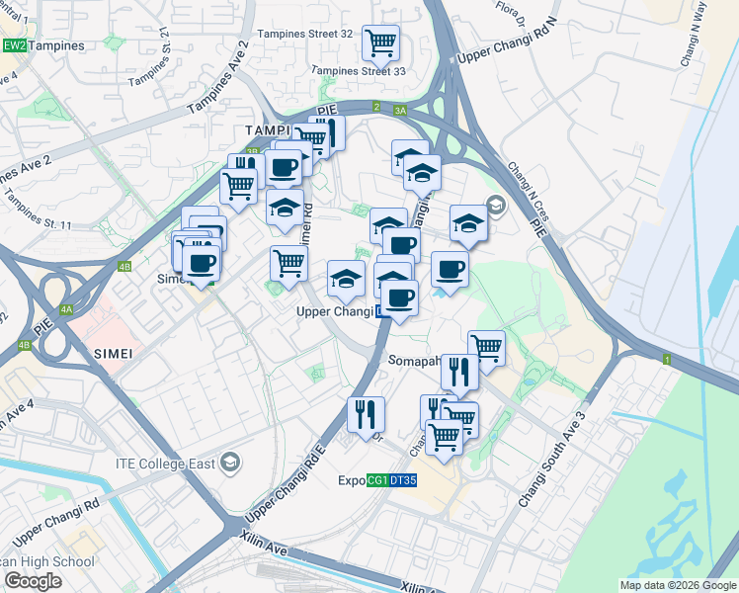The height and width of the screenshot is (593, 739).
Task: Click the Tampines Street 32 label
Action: [x=304, y=33]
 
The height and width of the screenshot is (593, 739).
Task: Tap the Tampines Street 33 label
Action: [x=359, y=71]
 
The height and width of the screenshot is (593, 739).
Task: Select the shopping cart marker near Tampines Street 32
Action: [x=380, y=42]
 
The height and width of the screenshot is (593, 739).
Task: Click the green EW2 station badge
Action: [x=14, y=45]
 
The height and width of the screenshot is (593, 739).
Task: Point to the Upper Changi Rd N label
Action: [x=501, y=42]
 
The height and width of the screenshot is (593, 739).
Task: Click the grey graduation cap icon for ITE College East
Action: [x=230, y=463]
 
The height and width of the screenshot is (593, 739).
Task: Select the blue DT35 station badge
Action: [x=402, y=481]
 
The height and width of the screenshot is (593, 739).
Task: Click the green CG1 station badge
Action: [x=376, y=481]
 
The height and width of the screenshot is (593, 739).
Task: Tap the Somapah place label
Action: [x=414, y=361]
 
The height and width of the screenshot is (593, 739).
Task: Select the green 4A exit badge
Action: [x=66, y=309]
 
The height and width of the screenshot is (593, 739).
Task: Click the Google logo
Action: [x=33, y=581]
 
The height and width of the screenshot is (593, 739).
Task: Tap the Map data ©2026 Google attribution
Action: [x=678, y=585]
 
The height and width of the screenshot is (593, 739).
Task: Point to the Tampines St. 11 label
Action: [x=39, y=211]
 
